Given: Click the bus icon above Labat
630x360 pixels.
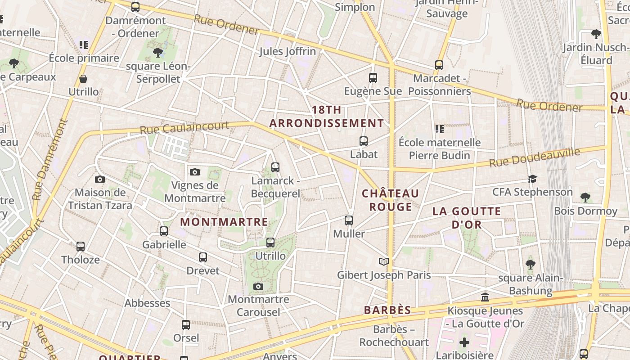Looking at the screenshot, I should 364,141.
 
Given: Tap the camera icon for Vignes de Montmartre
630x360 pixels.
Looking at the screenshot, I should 195,172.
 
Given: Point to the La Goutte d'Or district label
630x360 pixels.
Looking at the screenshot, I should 467,218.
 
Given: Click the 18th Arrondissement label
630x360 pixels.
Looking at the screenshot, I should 327,117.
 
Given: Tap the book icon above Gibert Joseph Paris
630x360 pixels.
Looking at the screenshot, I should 383,261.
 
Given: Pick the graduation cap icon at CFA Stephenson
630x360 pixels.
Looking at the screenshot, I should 532,179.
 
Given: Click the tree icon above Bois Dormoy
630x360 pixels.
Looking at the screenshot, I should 585,197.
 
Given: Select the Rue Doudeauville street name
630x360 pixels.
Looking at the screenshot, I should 534,157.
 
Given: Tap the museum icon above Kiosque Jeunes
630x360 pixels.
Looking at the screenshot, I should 485,297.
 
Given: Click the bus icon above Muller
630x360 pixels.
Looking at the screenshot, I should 349,220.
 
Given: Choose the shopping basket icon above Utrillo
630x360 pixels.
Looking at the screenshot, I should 83,79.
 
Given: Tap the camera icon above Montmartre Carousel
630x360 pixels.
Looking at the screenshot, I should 258,286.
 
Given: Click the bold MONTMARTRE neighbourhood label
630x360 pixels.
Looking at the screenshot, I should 224,222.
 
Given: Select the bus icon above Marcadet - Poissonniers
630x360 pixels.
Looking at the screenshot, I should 439,65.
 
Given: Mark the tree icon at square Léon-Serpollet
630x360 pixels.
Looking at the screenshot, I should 158,53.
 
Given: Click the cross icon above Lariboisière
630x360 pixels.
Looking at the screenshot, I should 464,342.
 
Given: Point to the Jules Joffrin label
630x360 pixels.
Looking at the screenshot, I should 288,51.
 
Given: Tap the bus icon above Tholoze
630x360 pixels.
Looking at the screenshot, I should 81,247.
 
